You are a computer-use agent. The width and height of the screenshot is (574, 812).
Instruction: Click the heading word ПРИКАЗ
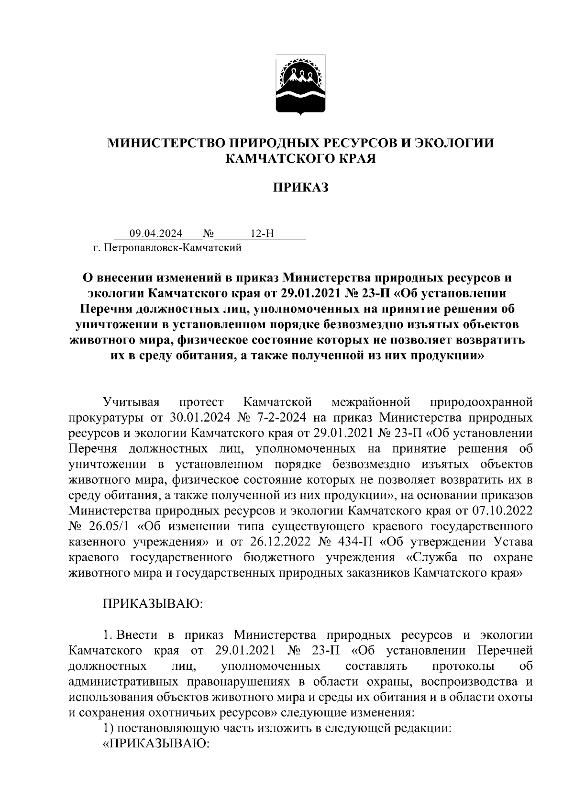point(300,188)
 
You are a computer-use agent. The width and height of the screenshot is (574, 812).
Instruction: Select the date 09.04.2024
point(156,234)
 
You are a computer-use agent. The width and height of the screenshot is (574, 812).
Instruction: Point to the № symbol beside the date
point(208,234)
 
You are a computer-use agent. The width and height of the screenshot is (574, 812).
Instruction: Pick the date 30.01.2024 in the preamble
point(200,418)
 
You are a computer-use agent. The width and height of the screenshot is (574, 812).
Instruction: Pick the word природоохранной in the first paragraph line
point(481,402)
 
